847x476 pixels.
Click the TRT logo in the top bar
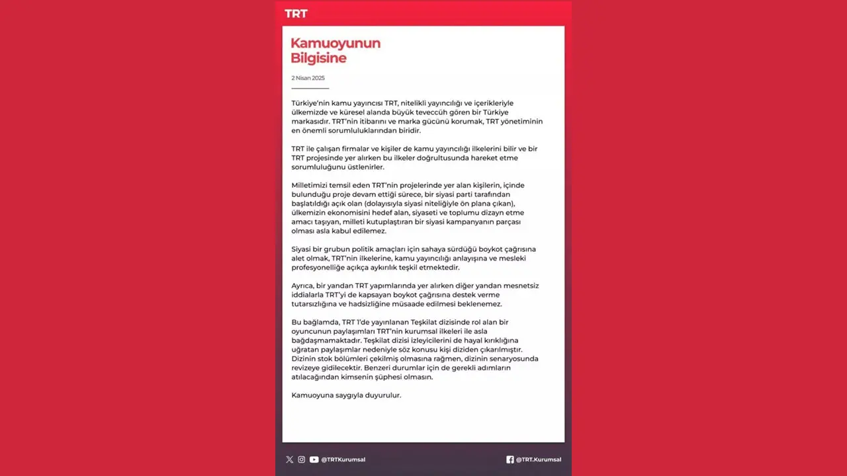(296, 14)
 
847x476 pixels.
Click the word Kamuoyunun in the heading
(335, 44)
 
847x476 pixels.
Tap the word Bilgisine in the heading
(318, 58)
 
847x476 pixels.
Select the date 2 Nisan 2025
(308, 78)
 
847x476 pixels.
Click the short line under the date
(310, 88)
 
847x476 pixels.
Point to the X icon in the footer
(289, 459)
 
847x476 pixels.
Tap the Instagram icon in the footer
(301, 459)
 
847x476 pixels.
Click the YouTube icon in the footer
(314, 459)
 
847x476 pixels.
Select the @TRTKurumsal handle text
(343, 459)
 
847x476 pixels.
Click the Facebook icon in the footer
(510, 459)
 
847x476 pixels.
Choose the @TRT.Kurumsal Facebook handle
(538, 459)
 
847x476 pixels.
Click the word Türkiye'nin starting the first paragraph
(311, 103)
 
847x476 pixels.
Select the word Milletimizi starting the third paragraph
(313, 185)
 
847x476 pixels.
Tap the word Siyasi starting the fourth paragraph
(302, 249)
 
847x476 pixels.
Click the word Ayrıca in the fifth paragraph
(304, 286)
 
